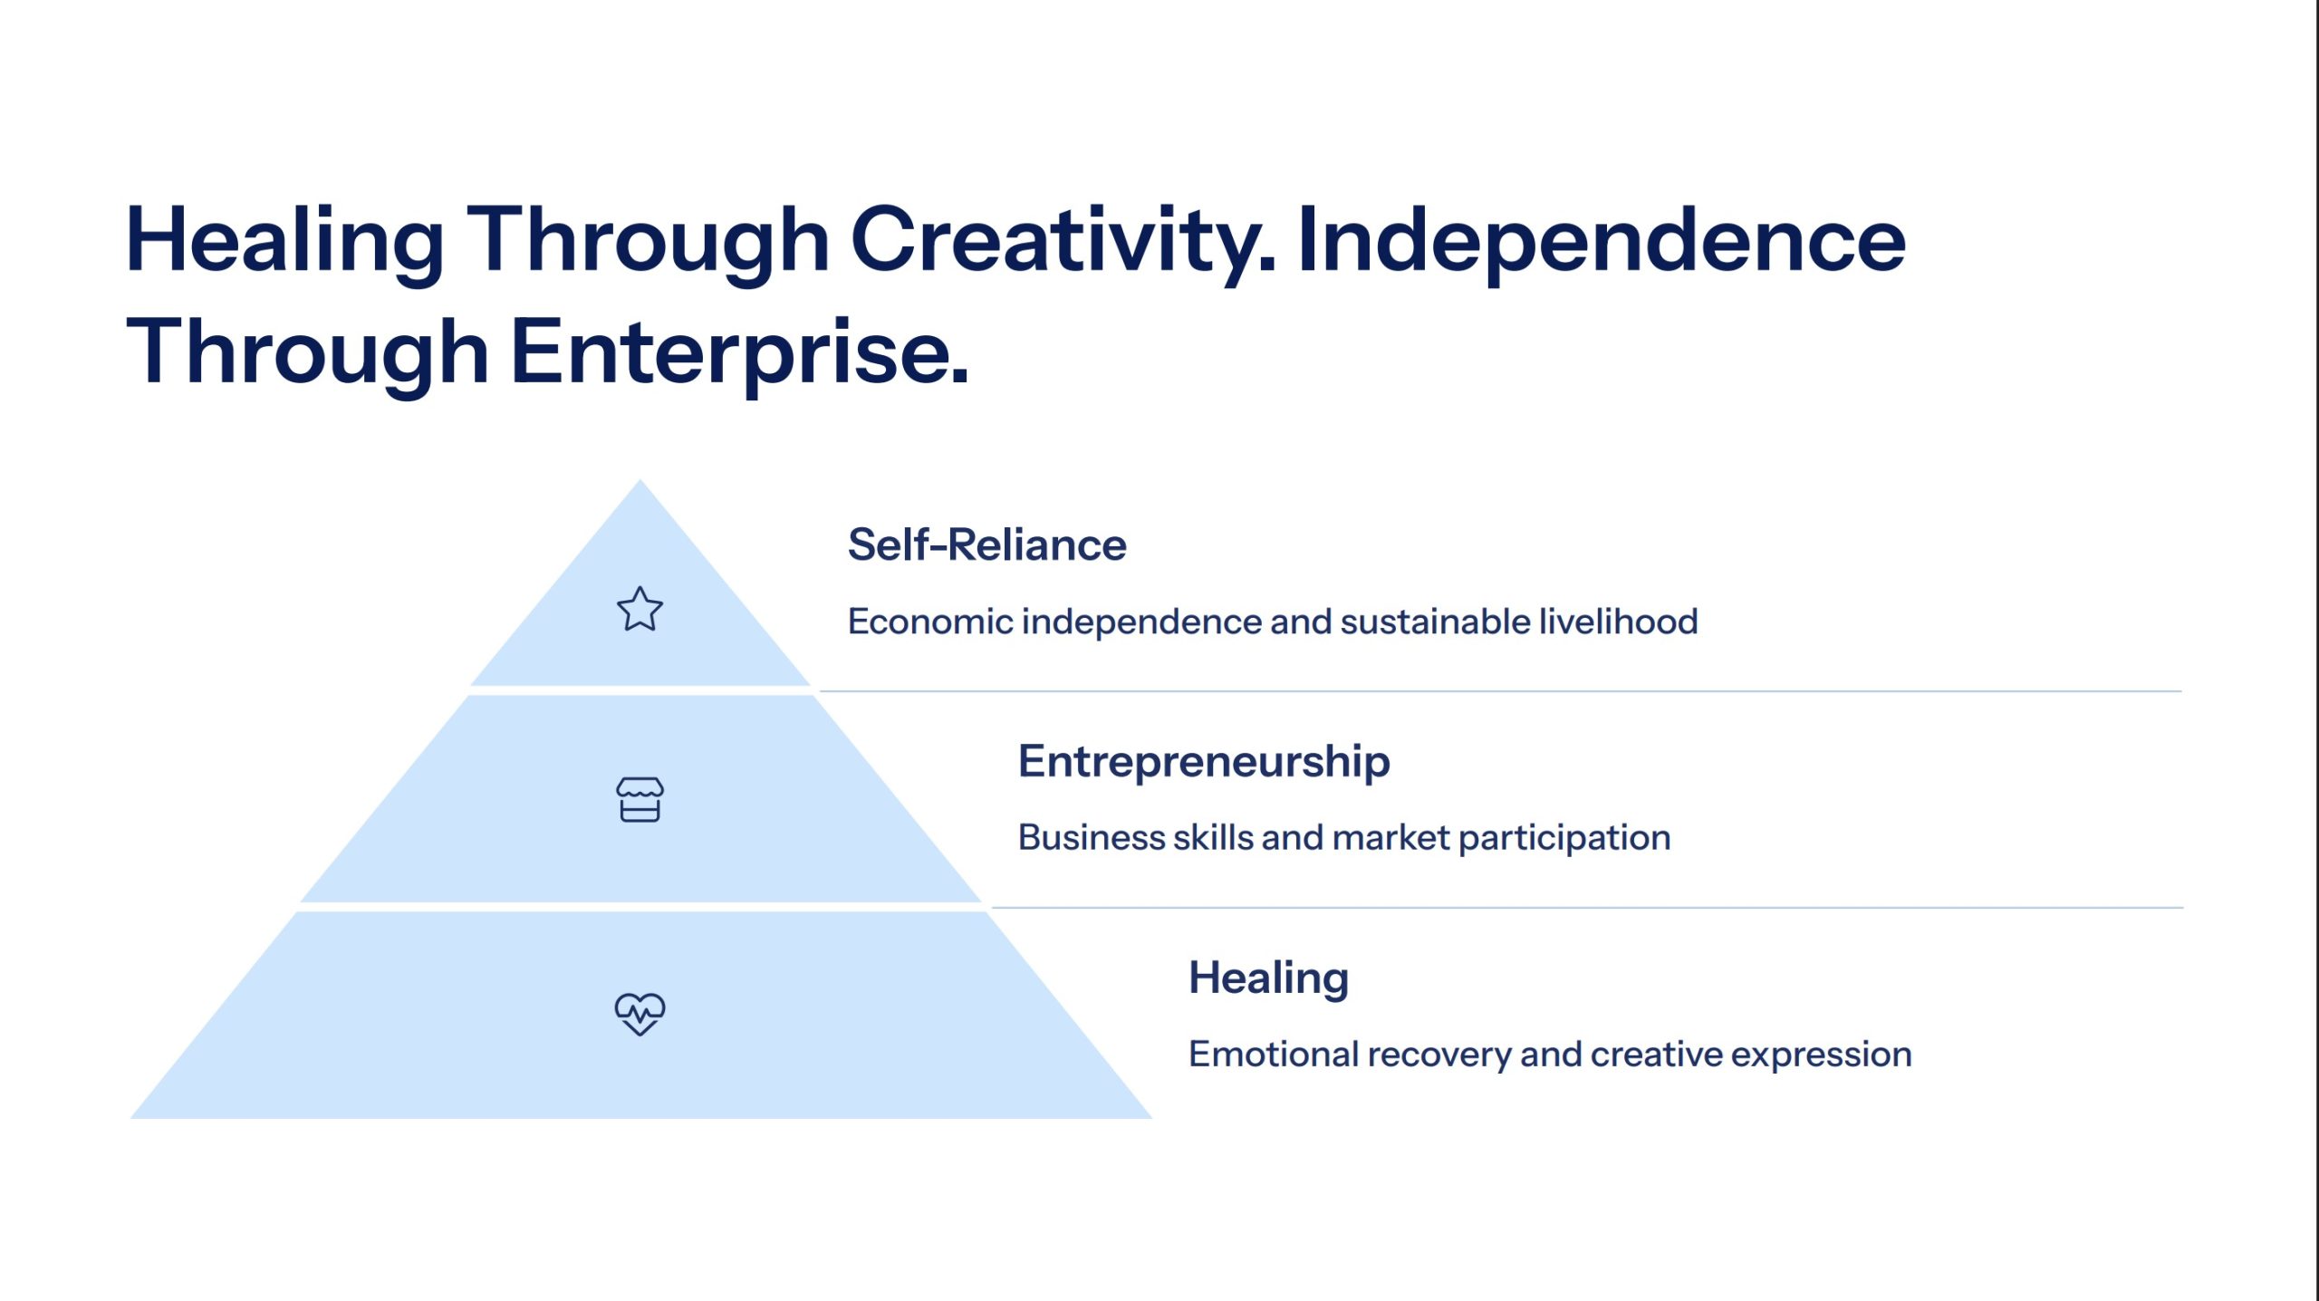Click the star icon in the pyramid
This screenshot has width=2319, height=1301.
pyautogui.click(x=640, y=608)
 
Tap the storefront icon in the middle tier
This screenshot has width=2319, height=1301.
pyautogui.click(x=640, y=799)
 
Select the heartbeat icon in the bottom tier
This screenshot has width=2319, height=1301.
pyautogui.click(x=640, y=1014)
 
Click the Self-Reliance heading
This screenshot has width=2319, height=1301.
pyautogui.click(x=986, y=544)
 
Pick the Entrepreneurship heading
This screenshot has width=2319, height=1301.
pyautogui.click(x=1204, y=762)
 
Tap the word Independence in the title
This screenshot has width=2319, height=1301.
pyautogui.click(x=1602, y=240)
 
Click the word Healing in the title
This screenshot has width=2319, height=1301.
pyautogui.click(x=284, y=242)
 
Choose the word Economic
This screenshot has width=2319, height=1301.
pyautogui.click(x=930, y=622)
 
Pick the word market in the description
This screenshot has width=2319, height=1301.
pyautogui.click(x=1391, y=837)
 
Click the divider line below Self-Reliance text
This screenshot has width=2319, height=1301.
pyautogui.click(x=1500, y=691)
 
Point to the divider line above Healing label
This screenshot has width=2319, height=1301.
pyautogui.click(x=1587, y=907)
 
